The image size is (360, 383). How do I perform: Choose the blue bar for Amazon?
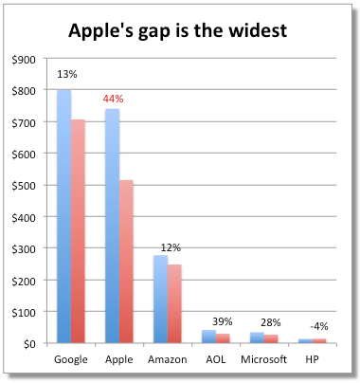tap(160, 299)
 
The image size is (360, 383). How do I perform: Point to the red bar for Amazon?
tap(175, 303)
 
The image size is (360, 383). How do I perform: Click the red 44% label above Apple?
tap(114, 98)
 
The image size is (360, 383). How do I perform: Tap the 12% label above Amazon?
tap(171, 247)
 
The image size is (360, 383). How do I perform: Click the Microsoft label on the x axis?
tap(264, 360)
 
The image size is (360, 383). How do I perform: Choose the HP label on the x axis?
tap(313, 360)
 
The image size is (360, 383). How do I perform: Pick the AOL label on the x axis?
tap(216, 360)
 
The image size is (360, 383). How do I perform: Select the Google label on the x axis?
tap(71, 360)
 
